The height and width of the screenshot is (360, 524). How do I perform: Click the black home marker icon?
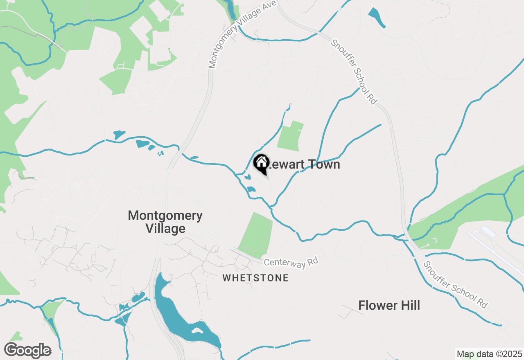(x=261, y=164)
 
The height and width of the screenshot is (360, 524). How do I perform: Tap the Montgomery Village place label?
(x=165, y=222)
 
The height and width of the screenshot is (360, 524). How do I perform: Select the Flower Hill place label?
(x=389, y=305)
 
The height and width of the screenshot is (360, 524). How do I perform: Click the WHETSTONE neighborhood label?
(x=255, y=278)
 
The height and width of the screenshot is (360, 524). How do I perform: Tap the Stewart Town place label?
(x=303, y=164)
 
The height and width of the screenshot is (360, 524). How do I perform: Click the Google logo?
(x=27, y=351)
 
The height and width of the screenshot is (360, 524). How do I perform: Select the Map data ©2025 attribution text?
(x=489, y=353)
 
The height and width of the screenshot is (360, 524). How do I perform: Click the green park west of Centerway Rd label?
(x=256, y=235)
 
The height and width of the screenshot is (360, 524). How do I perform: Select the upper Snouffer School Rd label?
(x=355, y=72)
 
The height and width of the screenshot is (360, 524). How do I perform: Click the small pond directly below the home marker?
(x=251, y=189)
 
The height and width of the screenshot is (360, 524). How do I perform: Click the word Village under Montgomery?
(x=165, y=229)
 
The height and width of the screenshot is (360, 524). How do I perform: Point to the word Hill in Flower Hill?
(x=407, y=305)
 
